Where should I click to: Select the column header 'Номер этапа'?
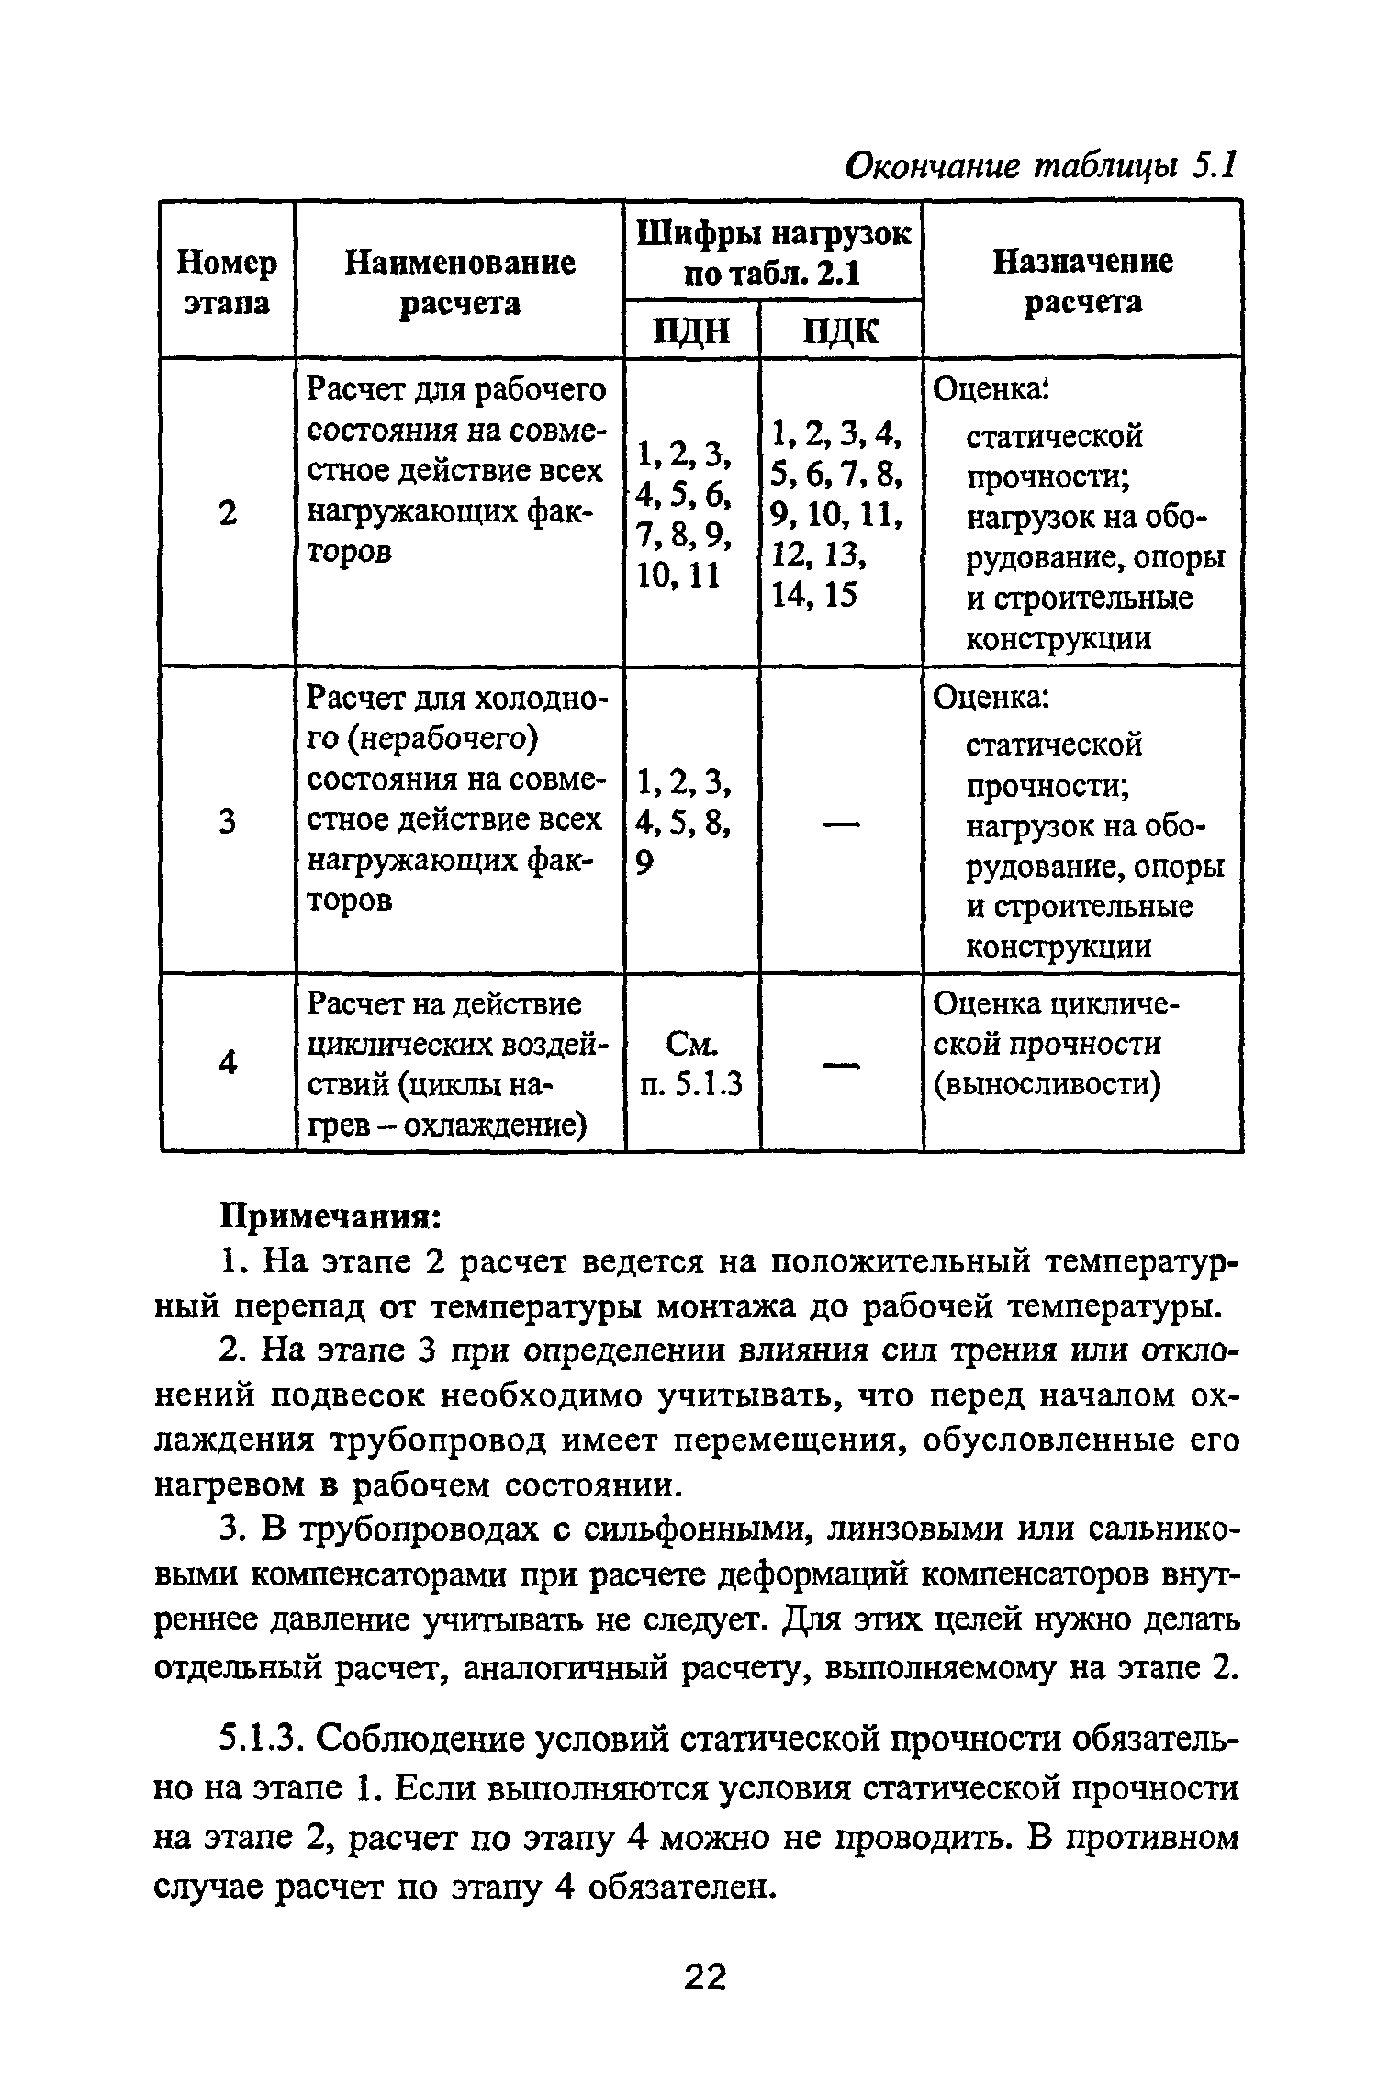pos(227,282)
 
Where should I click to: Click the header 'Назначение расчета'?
pos(1082,282)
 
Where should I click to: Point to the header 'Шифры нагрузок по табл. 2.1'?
pos(773,253)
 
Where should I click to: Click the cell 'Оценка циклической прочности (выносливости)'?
pos(1056,1045)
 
